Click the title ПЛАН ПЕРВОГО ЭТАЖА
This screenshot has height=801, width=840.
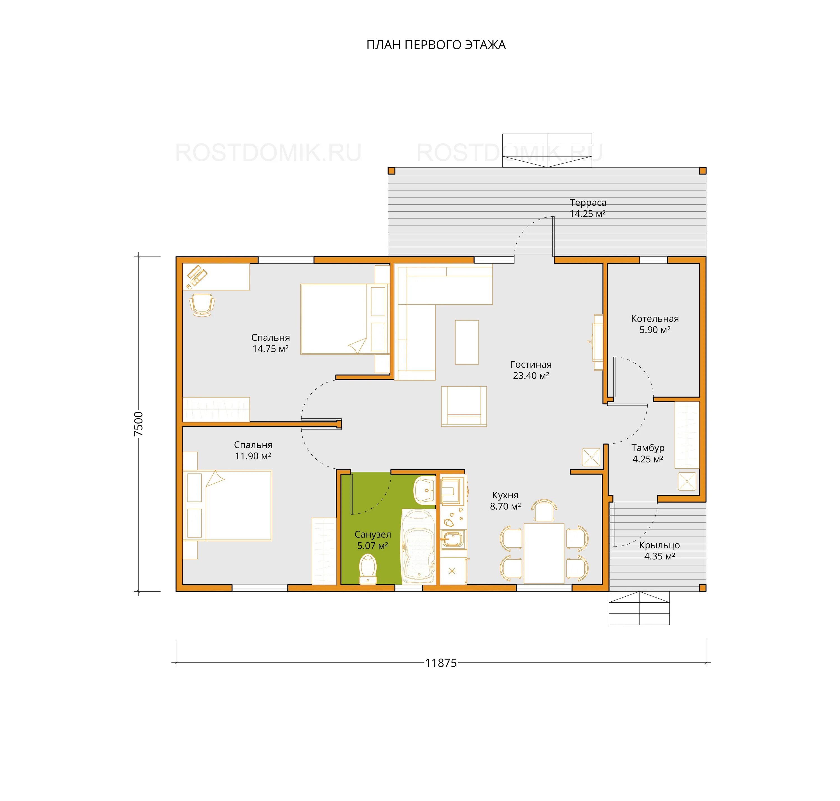(x=436, y=45)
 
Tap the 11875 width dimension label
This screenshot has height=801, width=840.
(x=441, y=663)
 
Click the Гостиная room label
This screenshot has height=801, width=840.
(x=531, y=365)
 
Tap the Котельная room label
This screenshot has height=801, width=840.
(x=655, y=319)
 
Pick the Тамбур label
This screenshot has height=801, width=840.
(x=648, y=448)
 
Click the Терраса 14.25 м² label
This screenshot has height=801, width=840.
(x=588, y=208)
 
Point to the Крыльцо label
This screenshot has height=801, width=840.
(x=659, y=545)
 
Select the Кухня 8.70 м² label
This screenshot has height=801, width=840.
(x=505, y=500)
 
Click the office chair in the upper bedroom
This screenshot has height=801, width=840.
(x=202, y=304)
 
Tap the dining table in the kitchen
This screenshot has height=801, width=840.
(x=544, y=553)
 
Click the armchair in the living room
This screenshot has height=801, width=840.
(x=464, y=406)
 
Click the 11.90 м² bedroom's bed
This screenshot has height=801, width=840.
(x=228, y=506)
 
